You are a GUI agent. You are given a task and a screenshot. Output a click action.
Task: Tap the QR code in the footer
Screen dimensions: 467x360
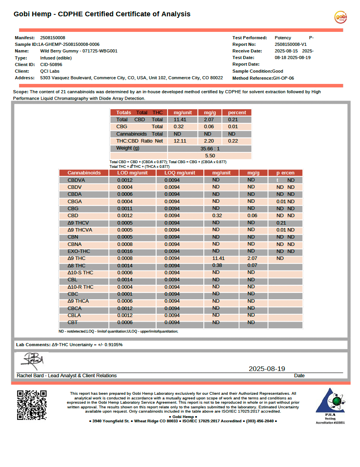pyautogui.click(x=32, y=405)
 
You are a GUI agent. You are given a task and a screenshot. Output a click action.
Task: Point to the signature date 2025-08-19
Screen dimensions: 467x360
pyautogui.click(x=267, y=369)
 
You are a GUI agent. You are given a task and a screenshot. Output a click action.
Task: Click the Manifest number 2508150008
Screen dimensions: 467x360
pyautogui.click(x=53, y=38)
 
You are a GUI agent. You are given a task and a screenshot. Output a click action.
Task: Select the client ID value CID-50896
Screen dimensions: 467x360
pyautogui.click(x=51, y=64)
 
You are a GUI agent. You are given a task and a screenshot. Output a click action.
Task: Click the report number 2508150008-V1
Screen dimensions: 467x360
pyautogui.click(x=290, y=44)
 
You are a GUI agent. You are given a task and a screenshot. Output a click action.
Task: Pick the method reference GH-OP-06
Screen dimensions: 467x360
pyautogui.click(x=283, y=78)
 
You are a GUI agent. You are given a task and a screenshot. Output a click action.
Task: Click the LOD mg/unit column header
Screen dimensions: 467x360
pyautogui.click(x=132, y=173)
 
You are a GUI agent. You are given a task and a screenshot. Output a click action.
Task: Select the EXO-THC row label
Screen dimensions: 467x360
pyautogui.click(x=79, y=251)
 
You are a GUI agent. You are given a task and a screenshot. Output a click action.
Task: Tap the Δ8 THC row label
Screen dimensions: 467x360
pyautogui.click(x=77, y=266)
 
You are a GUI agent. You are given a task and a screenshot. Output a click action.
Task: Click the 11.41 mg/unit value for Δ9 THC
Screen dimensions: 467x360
pyautogui.click(x=218, y=258)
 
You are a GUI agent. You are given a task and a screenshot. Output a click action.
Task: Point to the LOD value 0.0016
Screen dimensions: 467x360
pyautogui.click(x=125, y=251)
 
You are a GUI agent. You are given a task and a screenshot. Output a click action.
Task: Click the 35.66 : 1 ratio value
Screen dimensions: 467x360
pyautogui.click(x=210, y=148)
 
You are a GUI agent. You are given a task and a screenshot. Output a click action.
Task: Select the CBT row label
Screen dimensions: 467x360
pyautogui.click(x=73, y=322)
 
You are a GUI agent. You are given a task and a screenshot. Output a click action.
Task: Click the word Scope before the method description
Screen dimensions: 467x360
pyautogui.click(x=20, y=92)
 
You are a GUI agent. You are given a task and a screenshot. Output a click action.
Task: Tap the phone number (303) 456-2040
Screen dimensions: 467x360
pyautogui.click(x=259, y=421)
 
